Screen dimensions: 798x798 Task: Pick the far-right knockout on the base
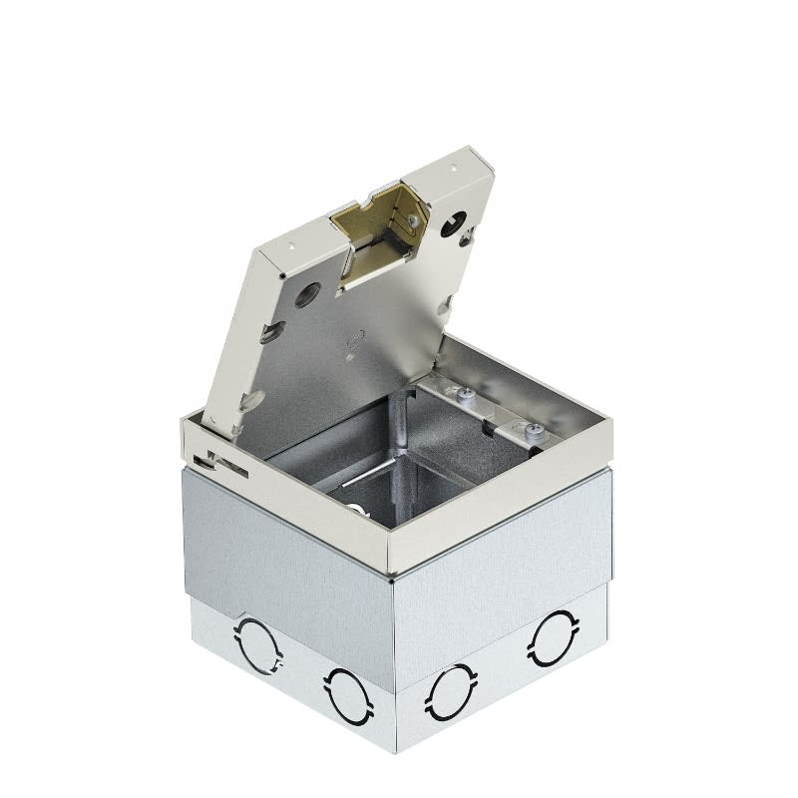click(551, 635)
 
